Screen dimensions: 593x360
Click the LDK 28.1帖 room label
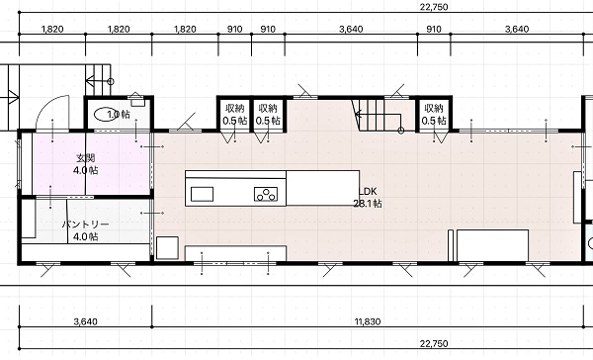coord(368,197)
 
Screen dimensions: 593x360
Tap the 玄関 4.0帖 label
coord(86,164)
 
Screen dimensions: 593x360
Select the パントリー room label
coord(86,225)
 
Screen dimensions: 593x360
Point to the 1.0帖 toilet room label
coord(119,115)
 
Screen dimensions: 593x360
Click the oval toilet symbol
coord(105,115)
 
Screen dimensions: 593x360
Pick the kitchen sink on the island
coord(202,194)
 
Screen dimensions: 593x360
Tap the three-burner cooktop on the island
coord(266,194)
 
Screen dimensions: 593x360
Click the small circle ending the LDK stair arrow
coord(401,131)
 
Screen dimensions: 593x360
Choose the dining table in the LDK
coord(492,245)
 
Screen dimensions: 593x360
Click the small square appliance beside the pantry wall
coord(167,248)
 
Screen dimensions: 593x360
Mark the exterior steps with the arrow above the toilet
coord(98,80)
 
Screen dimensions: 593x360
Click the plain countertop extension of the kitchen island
coord(322,188)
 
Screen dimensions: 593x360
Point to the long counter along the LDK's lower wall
coord(235,253)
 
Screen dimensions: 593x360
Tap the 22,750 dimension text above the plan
coord(434,7)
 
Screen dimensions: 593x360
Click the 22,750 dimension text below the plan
coord(434,344)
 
